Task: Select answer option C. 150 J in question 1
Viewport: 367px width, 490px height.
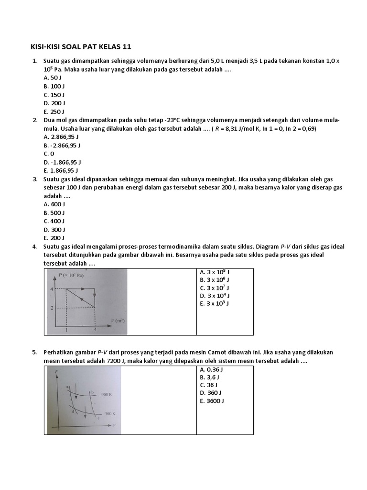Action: (x=54, y=95)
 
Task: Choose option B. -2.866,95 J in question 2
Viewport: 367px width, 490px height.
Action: (x=61, y=145)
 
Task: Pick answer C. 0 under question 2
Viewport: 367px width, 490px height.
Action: (x=49, y=154)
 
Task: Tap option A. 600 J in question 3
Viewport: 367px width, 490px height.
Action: (x=54, y=204)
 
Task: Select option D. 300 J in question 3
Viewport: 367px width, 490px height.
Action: (x=54, y=229)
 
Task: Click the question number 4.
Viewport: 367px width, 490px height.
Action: (x=34, y=246)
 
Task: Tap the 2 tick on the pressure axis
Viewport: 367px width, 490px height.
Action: (x=52, y=307)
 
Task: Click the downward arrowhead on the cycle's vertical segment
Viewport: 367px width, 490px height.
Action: (x=95, y=295)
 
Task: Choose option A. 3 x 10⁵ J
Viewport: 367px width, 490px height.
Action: (x=215, y=272)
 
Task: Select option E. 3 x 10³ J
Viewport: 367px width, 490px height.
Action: (x=215, y=303)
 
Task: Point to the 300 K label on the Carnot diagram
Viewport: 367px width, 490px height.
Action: (x=110, y=412)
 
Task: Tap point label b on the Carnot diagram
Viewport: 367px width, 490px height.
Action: (x=92, y=392)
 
